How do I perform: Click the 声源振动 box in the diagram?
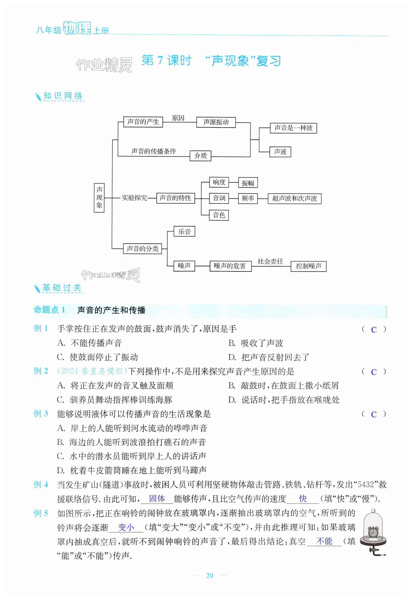point(216,122)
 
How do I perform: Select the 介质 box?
point(200,156)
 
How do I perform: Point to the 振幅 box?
point(248,183)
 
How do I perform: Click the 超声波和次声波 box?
point(294,199)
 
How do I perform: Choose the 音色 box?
point(219,215)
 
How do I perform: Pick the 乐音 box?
point(184,231)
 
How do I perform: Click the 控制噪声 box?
point(308,266)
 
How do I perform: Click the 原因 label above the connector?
point(178,118)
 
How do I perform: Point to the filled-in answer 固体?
point(157,498)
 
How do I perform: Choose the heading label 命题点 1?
point(49,310)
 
